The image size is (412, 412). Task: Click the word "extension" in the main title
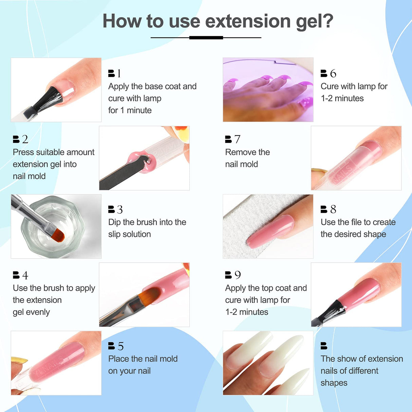point(248,21)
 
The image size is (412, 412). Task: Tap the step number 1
point(119,73)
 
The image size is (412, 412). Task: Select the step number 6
point(333,73)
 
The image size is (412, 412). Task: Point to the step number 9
point(238,275)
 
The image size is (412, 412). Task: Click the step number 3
point(119,209)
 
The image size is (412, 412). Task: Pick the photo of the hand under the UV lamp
point(268,90)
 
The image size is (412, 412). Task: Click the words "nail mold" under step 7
point(241,164)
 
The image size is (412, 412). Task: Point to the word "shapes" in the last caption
point(334,383)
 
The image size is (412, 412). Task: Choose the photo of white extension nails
point(268,363)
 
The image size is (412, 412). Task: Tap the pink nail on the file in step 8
point(270,231)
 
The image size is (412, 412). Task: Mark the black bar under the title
point(206,38)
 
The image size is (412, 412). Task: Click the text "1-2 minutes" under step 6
point(342,98)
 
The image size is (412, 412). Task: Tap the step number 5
point(121,346)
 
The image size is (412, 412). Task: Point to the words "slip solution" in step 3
point(129,234)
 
